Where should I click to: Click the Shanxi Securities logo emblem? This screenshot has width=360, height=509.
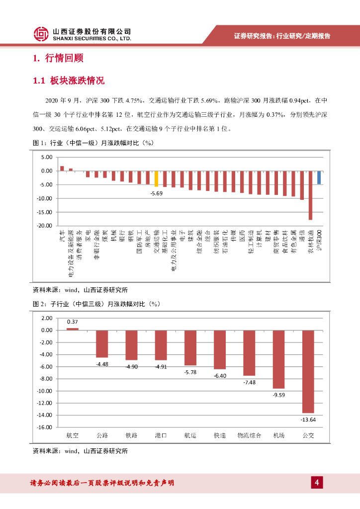click(x=41, y=34)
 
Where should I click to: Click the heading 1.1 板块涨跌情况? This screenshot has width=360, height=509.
click(x=69, y=81)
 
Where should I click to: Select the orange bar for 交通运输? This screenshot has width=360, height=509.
click(x=156, y=178)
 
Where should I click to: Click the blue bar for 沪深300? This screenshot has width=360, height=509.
click(x=319, y=177)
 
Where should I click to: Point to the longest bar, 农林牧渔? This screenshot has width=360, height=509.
click(x=310, y=195)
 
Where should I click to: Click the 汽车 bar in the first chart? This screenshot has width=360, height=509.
click(x=62, y=169)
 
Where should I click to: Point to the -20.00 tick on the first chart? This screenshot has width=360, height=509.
click(x=45, y=226)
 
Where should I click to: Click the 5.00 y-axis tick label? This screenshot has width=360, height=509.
click(x=47, y=157)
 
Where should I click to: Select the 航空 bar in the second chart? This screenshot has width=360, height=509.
click(x=73, y=329)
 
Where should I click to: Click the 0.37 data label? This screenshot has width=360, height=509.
click(x=73, y=322)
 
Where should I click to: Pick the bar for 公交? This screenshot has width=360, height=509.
click(x=308, y=371)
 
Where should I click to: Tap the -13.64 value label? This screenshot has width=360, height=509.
click(x=308, y=420)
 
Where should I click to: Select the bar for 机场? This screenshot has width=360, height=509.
click(x=279, y=359)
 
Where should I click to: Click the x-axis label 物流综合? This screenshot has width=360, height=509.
click(x=250, y=435)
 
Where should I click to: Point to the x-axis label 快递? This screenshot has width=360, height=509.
click(x=220, y=435)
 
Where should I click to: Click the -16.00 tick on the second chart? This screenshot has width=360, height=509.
click(x=46, y=427)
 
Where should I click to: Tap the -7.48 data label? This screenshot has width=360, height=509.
click(x=250, y=382)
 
